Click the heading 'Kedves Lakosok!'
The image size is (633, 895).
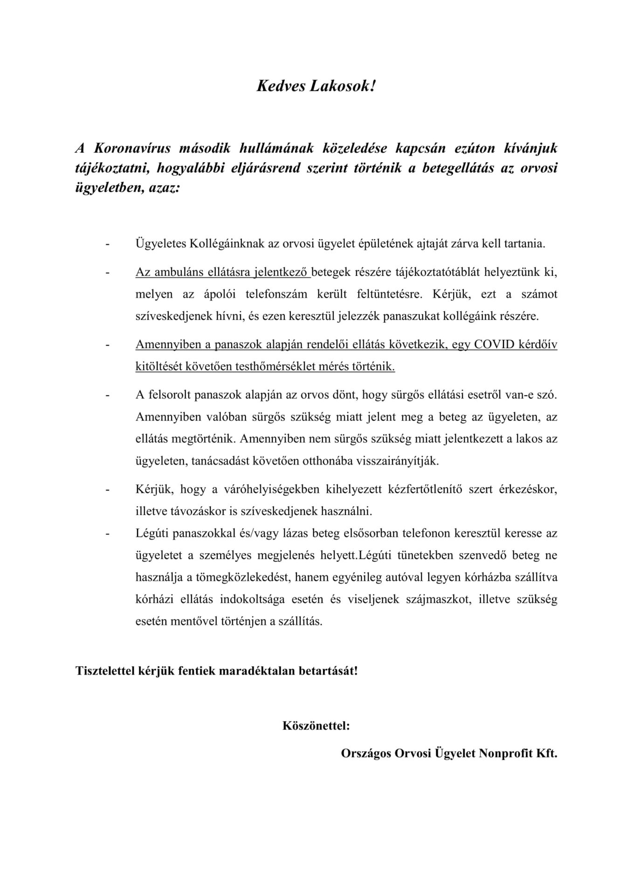click(x=316, y=86)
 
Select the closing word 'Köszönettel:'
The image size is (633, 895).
click(x=316, y=726)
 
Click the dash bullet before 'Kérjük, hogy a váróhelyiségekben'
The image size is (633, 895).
click(x=108, y=490)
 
